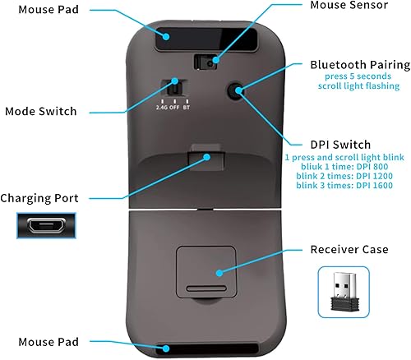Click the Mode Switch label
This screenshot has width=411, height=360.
pyautogui.click(x=41, y=111)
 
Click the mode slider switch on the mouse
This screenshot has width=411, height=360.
pyautogui.click(x=173, y=89)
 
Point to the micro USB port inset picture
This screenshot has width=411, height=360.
pyautogui.click(x=46, y=226)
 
